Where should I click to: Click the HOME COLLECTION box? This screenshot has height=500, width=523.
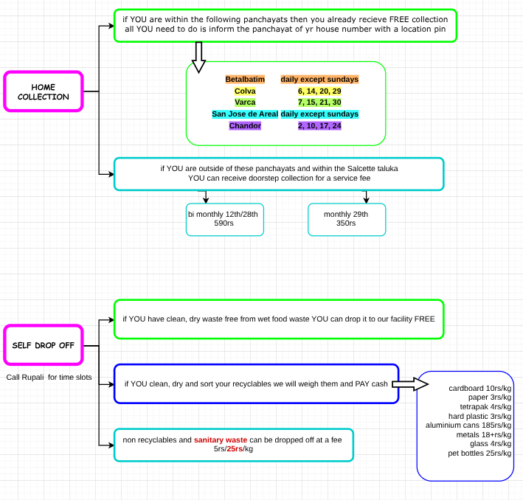(x=44, y=91)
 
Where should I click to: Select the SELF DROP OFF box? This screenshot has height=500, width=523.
(x=44, y=344)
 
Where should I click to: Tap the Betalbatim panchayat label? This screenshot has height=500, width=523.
(x=245, y=79)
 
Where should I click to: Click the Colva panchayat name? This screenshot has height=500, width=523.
(x=245, y=91)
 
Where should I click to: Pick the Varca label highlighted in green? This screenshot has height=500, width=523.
(x=245, y=103)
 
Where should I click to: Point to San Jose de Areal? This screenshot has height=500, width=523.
(x=244, y=114)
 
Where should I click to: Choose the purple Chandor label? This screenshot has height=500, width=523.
(x=245, y=126)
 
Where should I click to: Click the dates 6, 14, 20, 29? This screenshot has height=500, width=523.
(x=319, y=91)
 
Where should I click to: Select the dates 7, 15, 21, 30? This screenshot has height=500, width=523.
(x=319, y=103)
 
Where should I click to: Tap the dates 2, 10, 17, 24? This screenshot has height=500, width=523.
(x=319, y=126)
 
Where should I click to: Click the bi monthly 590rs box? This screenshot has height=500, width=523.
(x=224, y=218)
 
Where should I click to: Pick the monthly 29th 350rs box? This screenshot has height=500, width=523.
(x=346, y=218)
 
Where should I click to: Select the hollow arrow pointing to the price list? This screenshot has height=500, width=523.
(x=411, y=384)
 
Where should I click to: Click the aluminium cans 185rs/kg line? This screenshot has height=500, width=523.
(x=468, y=425)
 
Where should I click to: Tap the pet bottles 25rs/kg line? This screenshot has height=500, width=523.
(x=480, y=453)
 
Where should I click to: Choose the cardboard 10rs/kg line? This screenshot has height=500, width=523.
(x=479, y=388)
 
